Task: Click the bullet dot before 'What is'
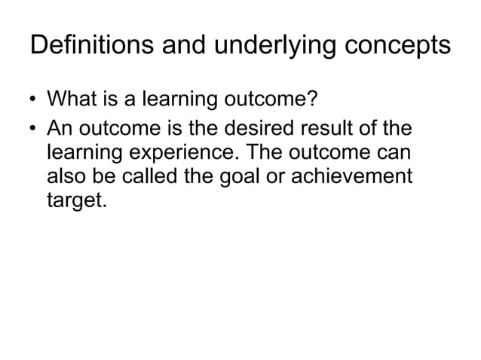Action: [x=35, y=100]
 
